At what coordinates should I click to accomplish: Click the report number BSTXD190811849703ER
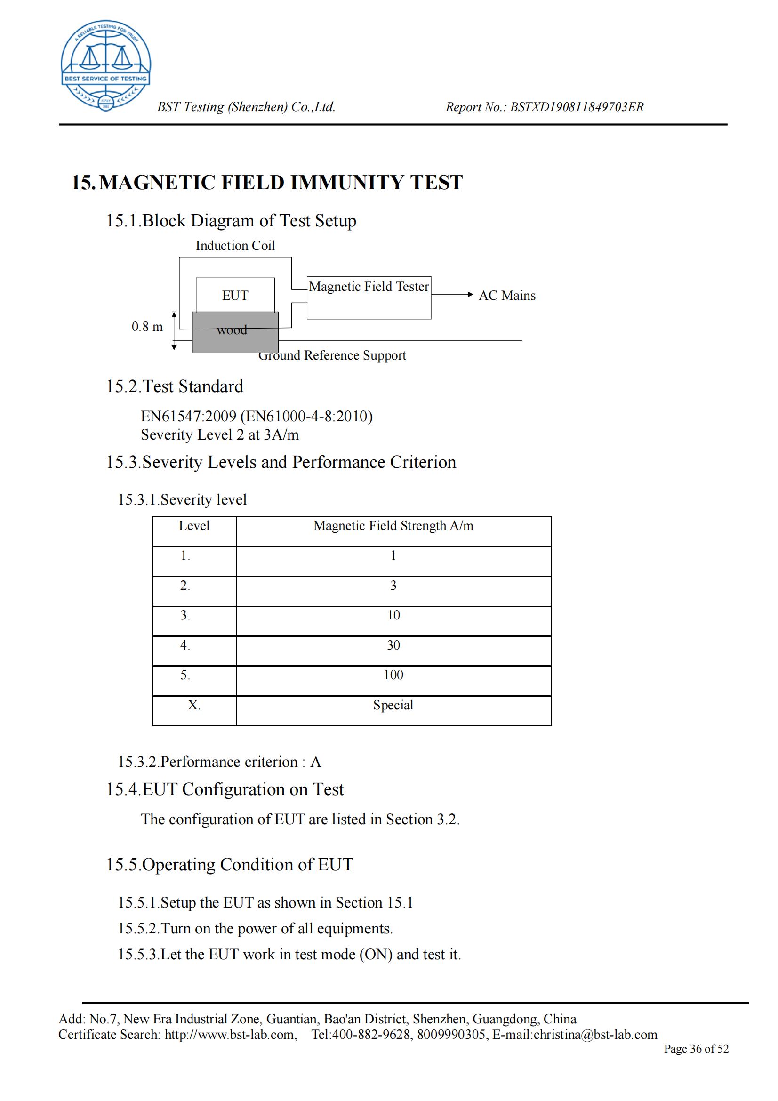click(577, 107)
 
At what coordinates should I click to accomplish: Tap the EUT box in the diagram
click(235, 295)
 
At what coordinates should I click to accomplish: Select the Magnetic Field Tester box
click(369, 297)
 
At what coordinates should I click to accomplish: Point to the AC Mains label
click(507, 296)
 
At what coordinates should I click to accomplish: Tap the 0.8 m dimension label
click(147, 327)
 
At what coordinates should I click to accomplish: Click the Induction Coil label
click(235, 246)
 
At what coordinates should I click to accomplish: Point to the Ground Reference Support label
click(332, 355)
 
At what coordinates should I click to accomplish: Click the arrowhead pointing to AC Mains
click(470, 294)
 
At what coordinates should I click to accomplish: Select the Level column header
click(194, 526)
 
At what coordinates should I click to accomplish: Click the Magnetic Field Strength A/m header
click(393, 526)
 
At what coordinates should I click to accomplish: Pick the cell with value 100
click(393, 675)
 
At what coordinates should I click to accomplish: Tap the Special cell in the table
click(393, 706)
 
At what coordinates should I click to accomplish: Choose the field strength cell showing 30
click(393, 645)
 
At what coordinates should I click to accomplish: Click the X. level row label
click(194, 706)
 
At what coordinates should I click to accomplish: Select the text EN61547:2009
click(188, 416)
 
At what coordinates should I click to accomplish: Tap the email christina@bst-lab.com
click(595, 1034)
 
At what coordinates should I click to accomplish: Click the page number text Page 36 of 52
click(696, 1049)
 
